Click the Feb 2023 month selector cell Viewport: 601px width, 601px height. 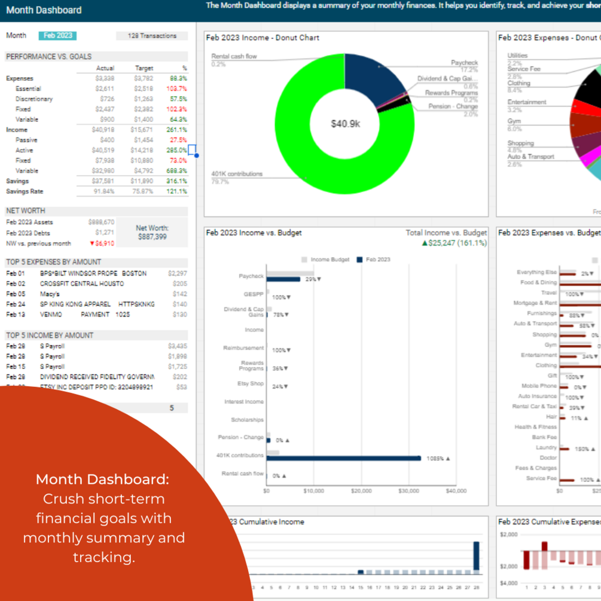tap(57, 35)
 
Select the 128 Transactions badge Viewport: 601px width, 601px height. tap(152, 36)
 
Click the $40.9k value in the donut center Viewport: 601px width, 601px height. tap(345, 124)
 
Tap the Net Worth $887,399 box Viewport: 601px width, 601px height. tap(152, 233)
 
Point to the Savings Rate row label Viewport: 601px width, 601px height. tap(25, 191)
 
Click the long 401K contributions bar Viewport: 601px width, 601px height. tap(344, 458)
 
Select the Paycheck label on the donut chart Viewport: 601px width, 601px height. tap(464, 63)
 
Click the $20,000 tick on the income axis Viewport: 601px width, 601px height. tap(361, 491)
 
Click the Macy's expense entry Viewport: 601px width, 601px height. tap(50, 294)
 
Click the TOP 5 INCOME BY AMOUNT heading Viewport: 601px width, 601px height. tap(50, 335)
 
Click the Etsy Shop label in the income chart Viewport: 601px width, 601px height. tap(252, 383)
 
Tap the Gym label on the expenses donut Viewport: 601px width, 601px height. tap(514, 121)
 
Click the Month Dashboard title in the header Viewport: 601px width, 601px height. tap(44, 10)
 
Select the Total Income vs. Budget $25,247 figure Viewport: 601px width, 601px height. tap(454, 243)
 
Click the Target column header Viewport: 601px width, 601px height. tap(144, 68)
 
